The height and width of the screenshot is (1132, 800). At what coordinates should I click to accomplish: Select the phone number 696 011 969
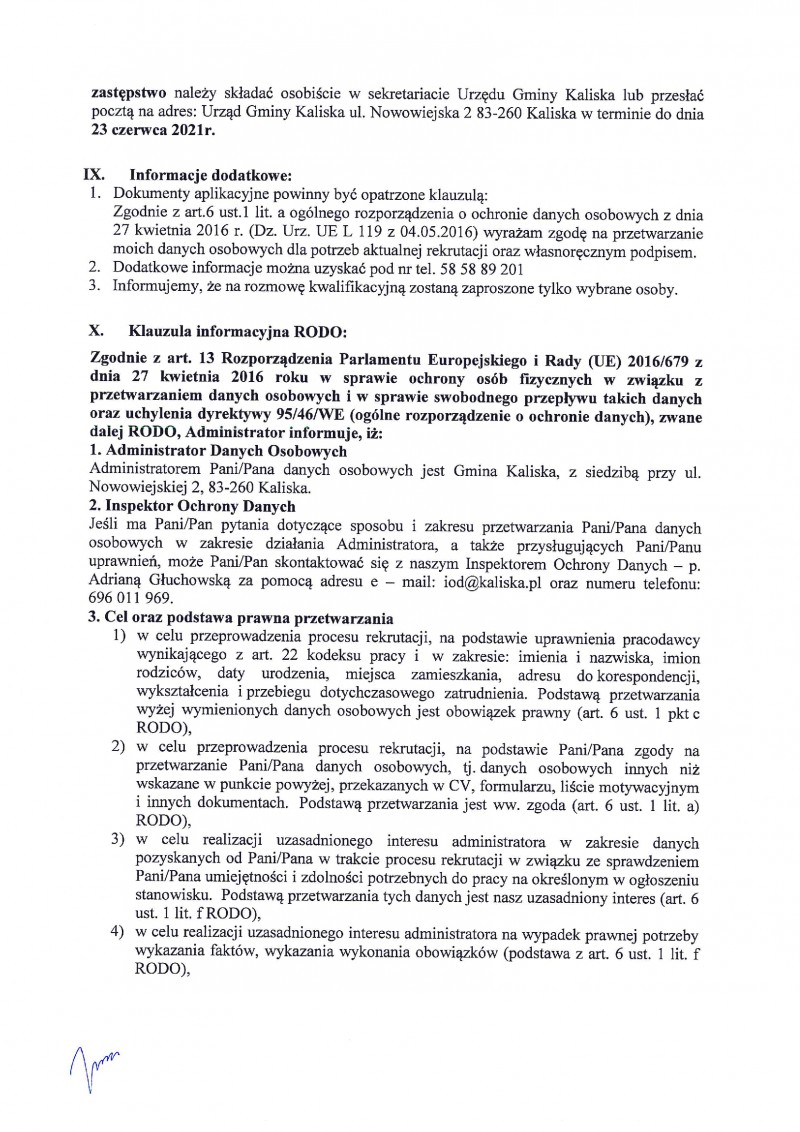pyautogui.click(x=130, y=598)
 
